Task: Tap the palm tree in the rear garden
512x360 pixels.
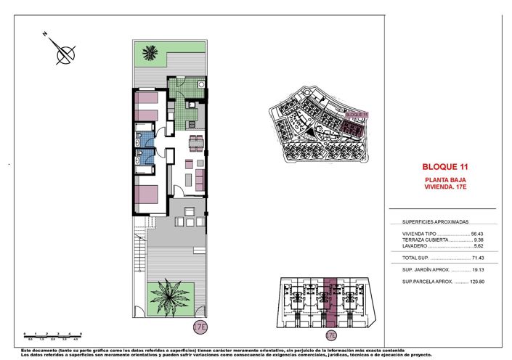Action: coord(151,52)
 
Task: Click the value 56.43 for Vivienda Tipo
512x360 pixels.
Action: coord(476,234)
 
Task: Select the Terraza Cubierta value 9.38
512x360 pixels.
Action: coord(478,240)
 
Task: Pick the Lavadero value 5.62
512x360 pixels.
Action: coord(478,246)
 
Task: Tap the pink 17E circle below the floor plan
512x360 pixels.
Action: coord(200,327)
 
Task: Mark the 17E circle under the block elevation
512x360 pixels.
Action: coord(331,335)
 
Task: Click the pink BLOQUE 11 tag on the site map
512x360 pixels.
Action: coord(357,114)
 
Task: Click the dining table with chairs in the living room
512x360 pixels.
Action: coord(195,140)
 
